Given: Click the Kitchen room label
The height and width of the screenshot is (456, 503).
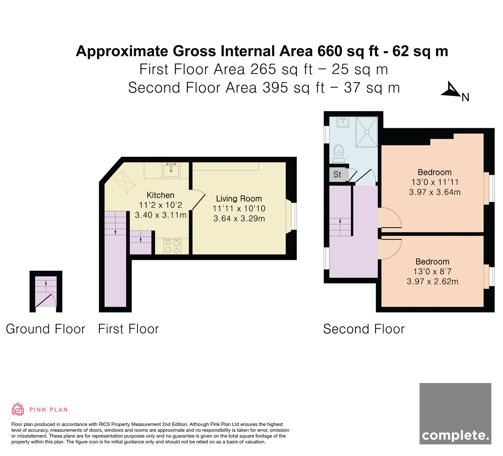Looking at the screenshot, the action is [x=160, y=195].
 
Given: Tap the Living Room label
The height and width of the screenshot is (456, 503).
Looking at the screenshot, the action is [x=239, y=199].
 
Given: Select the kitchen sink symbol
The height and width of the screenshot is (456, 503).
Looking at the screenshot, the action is [x=171, y=170].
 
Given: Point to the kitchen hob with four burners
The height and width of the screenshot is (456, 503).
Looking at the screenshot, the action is [x=172, y=246].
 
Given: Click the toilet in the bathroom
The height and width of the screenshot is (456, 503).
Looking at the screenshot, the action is [x=339, y=154].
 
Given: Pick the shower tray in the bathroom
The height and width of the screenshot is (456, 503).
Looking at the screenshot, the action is [x=367, y=132].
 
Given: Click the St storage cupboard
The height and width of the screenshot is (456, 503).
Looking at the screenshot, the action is [x=338, y=174].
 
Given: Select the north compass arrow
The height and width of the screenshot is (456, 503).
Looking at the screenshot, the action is [x=451, y=89].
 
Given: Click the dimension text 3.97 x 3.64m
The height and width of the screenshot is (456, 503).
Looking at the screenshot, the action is [x=435, y=192].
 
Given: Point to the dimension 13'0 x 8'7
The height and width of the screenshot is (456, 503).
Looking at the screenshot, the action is [x=432, y=272].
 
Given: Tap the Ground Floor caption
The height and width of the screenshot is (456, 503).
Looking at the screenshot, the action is [x=45, y=329].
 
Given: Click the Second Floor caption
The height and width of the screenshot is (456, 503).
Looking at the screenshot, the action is [x=364, y=329].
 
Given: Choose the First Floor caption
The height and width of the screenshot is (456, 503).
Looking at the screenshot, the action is [x=128, y=329].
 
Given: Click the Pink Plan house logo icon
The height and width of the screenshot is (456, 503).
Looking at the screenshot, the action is [x=18, y=409].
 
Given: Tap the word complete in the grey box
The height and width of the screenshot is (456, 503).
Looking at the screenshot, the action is [x=455, y=436].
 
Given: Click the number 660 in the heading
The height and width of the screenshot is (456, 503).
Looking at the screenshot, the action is [x=329, y=51].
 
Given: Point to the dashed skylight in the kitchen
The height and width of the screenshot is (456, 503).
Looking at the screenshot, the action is [x=124, y=182].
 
